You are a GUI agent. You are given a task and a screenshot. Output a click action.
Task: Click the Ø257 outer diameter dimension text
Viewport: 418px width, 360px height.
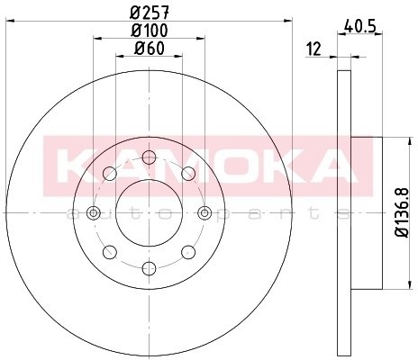pos(149,12)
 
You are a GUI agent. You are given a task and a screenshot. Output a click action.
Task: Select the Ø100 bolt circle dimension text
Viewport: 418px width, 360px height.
pos(149,30)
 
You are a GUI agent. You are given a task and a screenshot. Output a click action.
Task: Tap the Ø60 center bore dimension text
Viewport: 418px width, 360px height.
pos(149,48)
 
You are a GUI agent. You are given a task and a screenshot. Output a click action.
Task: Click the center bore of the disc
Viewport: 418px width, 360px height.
pos(149,212)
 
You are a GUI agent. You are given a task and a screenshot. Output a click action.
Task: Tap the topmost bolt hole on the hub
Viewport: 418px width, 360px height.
pos(149,157)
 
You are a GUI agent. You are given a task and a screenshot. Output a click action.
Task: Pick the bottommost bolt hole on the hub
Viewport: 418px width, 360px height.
pos(149,267)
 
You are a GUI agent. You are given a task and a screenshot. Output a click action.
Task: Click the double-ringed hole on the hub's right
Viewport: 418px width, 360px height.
pos(204,212)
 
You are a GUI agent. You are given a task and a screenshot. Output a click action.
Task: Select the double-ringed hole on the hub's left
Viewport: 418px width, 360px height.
pos(94,212)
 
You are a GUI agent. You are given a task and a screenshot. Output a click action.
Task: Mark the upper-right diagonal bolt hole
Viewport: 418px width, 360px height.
pos(187,174)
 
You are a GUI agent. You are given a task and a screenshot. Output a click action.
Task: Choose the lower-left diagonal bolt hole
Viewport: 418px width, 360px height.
pos(110,251)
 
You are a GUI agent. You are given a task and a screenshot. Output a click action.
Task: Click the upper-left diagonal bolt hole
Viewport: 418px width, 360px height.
pos(110,174)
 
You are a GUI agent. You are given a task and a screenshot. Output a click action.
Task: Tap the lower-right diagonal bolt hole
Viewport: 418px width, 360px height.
pos(187,251)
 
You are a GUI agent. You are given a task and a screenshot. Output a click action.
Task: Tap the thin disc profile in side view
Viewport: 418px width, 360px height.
pos(341,207)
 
